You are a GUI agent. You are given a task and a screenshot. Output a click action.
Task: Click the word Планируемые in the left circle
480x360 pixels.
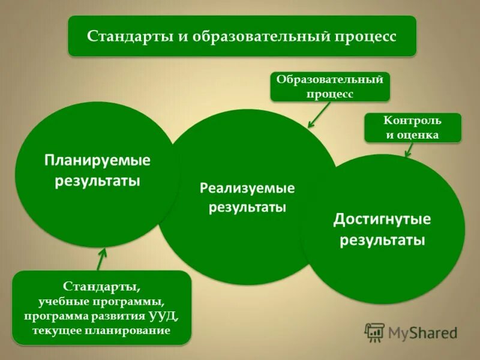tap(97, 161)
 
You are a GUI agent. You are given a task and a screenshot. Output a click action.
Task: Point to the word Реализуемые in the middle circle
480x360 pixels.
tap(247, 188)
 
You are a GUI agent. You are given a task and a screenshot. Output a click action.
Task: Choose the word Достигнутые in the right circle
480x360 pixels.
tap(382, 219)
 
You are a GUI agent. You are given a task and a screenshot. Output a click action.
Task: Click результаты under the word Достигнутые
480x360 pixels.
tap(382, 241)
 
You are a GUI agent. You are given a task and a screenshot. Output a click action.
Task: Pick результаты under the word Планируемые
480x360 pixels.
tap(97, 181)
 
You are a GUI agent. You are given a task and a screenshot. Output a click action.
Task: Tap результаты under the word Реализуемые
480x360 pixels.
tap(247, 208)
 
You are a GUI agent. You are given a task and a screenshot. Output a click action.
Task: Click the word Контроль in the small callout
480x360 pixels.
tap(413, 121)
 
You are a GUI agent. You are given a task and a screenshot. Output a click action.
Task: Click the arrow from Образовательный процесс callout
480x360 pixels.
tap(319, 114)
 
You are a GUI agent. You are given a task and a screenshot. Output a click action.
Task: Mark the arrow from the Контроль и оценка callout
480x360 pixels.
tap(410, 149)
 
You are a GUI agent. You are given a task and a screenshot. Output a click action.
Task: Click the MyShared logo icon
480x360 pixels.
tap(375, 332)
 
